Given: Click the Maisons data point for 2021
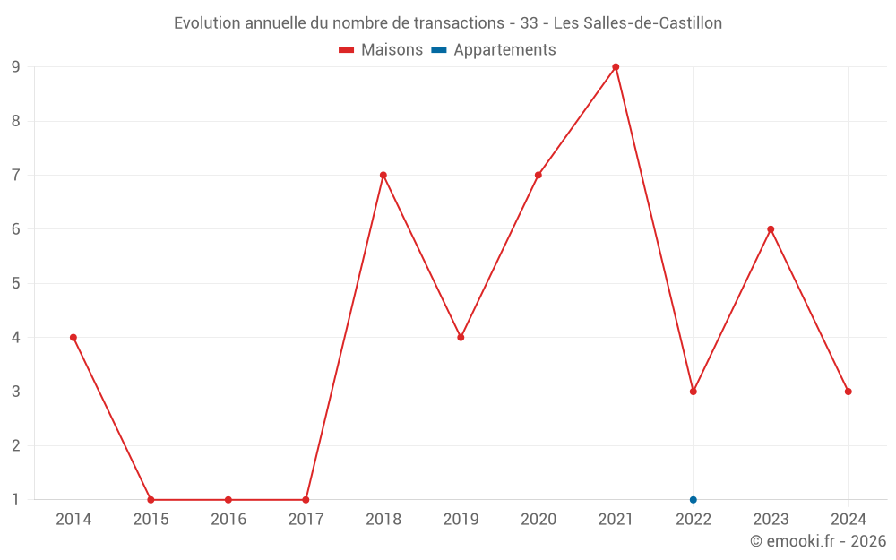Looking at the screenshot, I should pos(616,67).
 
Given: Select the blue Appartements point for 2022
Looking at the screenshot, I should pos(694,500).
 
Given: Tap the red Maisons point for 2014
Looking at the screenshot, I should pos(73,338).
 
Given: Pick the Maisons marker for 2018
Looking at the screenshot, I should pos(383,176).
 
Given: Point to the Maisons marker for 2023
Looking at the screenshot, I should pos(771,229).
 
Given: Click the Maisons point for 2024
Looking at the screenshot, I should pos(848,392).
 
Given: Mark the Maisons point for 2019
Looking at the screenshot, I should pos(461,338).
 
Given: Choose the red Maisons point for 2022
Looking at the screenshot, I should pos(694,392).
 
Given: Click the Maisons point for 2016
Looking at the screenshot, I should pos(228,500).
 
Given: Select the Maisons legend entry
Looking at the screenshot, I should pos(381,50).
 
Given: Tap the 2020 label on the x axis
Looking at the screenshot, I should pos(538,520).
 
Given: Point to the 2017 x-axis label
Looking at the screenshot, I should pos(306,520).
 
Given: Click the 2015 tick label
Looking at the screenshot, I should pos(151,520).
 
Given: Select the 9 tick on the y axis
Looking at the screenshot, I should pos(15,67).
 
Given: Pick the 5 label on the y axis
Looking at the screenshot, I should pos(15,284).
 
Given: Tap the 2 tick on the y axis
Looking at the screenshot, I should pos(15,446).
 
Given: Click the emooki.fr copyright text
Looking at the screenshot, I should pos(818,541).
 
